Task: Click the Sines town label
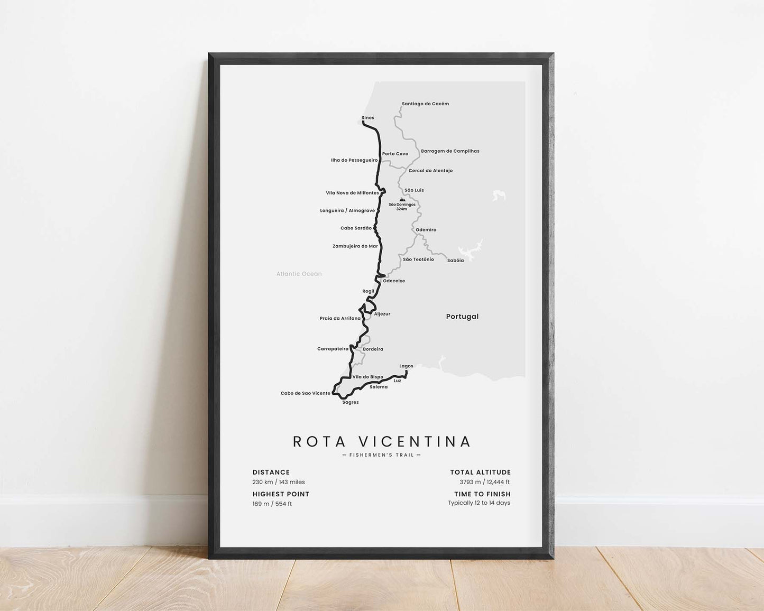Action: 367,118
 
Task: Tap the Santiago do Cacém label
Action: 425,104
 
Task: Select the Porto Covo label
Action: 395,154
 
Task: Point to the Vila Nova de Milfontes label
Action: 352,193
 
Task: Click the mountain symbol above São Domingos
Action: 402,200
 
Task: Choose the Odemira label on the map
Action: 426,230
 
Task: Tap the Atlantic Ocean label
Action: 299,274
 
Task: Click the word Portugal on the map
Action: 462,317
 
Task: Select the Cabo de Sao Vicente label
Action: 305,393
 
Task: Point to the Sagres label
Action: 351,402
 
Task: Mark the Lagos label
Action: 406,366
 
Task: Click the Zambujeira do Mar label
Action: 355,246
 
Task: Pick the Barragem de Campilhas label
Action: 450,151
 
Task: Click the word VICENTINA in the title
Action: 414,441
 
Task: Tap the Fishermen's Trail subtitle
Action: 381,455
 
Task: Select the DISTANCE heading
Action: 271,473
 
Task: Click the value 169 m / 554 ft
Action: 272,504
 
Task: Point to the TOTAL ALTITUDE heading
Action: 480,473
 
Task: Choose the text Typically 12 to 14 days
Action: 479,503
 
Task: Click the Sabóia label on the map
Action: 455,261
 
